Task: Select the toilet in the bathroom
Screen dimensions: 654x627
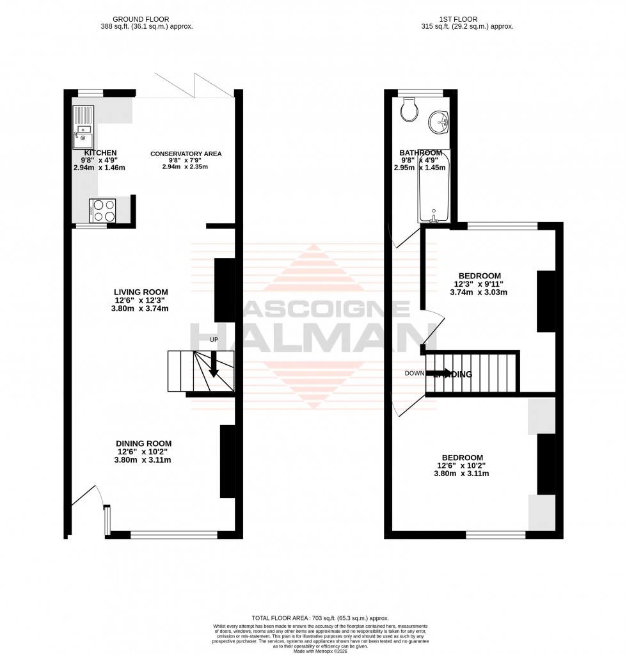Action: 408,109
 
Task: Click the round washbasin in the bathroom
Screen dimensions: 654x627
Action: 439,121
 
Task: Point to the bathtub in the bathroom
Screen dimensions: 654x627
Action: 434,186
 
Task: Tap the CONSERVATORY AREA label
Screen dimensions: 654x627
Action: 186,154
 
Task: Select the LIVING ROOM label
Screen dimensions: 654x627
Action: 141,292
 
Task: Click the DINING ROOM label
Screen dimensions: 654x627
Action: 143,443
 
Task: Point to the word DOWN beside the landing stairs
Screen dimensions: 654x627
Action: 415,373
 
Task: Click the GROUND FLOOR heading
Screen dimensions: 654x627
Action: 140,19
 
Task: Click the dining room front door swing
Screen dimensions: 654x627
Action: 87,496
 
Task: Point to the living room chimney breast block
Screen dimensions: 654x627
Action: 224,290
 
